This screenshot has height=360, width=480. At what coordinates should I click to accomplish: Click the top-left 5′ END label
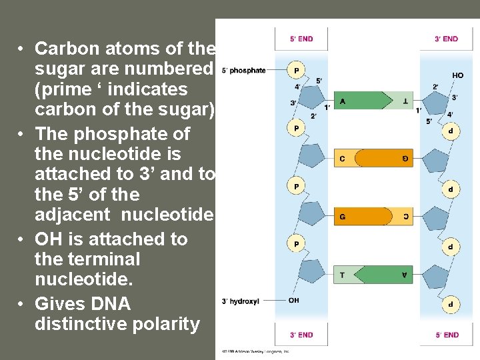point(301,39)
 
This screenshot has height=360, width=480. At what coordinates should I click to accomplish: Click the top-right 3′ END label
point(446,39)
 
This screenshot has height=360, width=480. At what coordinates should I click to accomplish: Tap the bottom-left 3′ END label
point(301,335)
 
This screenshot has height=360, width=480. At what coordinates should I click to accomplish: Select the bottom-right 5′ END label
point(446,335)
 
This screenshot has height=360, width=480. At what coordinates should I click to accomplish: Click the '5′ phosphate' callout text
point(243,70)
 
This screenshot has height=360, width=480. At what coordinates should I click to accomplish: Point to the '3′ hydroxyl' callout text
point(239,301)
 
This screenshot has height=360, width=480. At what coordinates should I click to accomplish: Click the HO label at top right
point(457,75)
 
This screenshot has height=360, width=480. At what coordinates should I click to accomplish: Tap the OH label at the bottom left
point(294,300)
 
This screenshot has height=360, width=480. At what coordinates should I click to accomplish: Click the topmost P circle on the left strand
point(296,69)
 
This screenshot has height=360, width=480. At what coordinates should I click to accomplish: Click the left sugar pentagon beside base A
point(308,99)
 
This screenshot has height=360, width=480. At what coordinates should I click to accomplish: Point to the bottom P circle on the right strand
point(450,303)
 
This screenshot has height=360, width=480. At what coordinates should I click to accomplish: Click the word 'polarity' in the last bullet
point(167,325)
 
